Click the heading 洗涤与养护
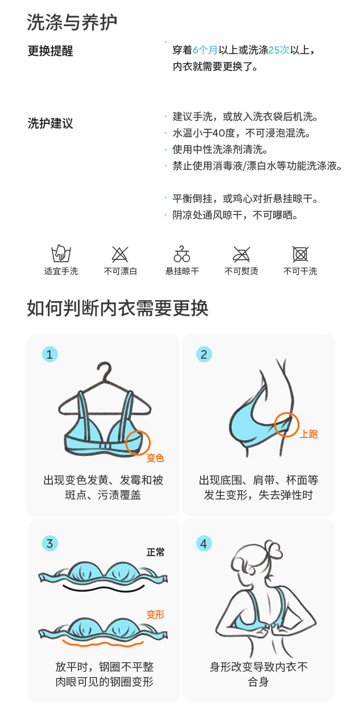(72, 23)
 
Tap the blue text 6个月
(205, 50)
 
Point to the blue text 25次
(279, 50)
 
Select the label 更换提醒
(50, 51)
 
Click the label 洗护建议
(50, 123)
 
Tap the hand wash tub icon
(61, 254)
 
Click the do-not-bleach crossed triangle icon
(120, 255)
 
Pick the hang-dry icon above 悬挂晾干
(182, 254)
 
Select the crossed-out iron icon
(241, 255)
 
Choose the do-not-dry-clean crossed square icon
(300, 255)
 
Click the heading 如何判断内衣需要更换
(118, 308)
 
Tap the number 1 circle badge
(50, 354)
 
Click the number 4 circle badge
(204, 544)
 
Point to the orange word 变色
(155, 458)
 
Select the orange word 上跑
(309, 434)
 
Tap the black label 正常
(156, 552)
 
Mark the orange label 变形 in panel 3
(156, 614)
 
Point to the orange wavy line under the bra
(103, 643)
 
